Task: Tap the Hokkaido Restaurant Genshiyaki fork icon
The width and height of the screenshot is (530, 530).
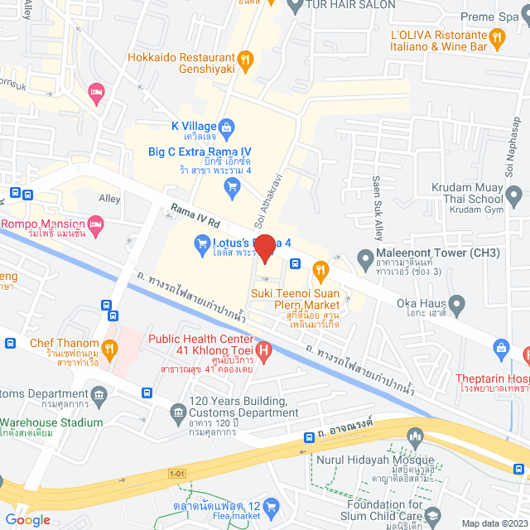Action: (x=245, y=59)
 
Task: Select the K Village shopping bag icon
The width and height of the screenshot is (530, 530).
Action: (x=229, y=127)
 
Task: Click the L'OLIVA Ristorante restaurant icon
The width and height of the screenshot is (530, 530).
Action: (x=497, y=36)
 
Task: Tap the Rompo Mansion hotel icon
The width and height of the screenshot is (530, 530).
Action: (x=97, y=224)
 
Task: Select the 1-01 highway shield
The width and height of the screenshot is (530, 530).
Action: (x=176, y=473)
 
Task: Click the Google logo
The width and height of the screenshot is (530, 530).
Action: (x=26, y=519)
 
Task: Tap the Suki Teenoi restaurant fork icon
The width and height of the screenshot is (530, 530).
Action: (x=319, y=268)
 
